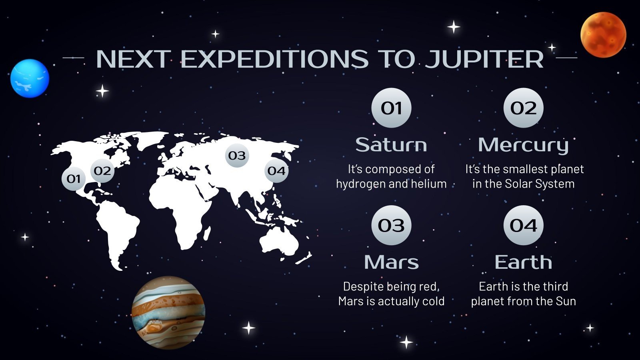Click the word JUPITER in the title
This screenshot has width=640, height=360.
pos(484,59)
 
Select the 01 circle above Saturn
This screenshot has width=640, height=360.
pos(391,108)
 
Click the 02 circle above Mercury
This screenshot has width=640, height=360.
pos(523,108)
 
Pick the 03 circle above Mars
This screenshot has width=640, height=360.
pos(391,226)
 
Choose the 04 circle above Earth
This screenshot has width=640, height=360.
pos(523,226)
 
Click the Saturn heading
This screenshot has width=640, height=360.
pos(391,145)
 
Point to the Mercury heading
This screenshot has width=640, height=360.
pos(523,145)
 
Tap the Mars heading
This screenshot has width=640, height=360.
pos(391,262)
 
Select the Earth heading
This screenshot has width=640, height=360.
pos(523,262)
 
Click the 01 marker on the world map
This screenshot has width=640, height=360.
pos(74,178)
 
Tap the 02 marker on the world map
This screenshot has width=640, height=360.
pos(102,171)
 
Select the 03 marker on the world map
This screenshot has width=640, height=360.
pos(237,155)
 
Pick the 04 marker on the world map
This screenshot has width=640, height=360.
pos(276,171)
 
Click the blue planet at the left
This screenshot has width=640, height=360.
pos(30,78)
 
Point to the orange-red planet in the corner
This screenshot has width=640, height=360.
pos(603,34)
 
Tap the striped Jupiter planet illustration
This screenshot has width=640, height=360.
pos(168,312)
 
